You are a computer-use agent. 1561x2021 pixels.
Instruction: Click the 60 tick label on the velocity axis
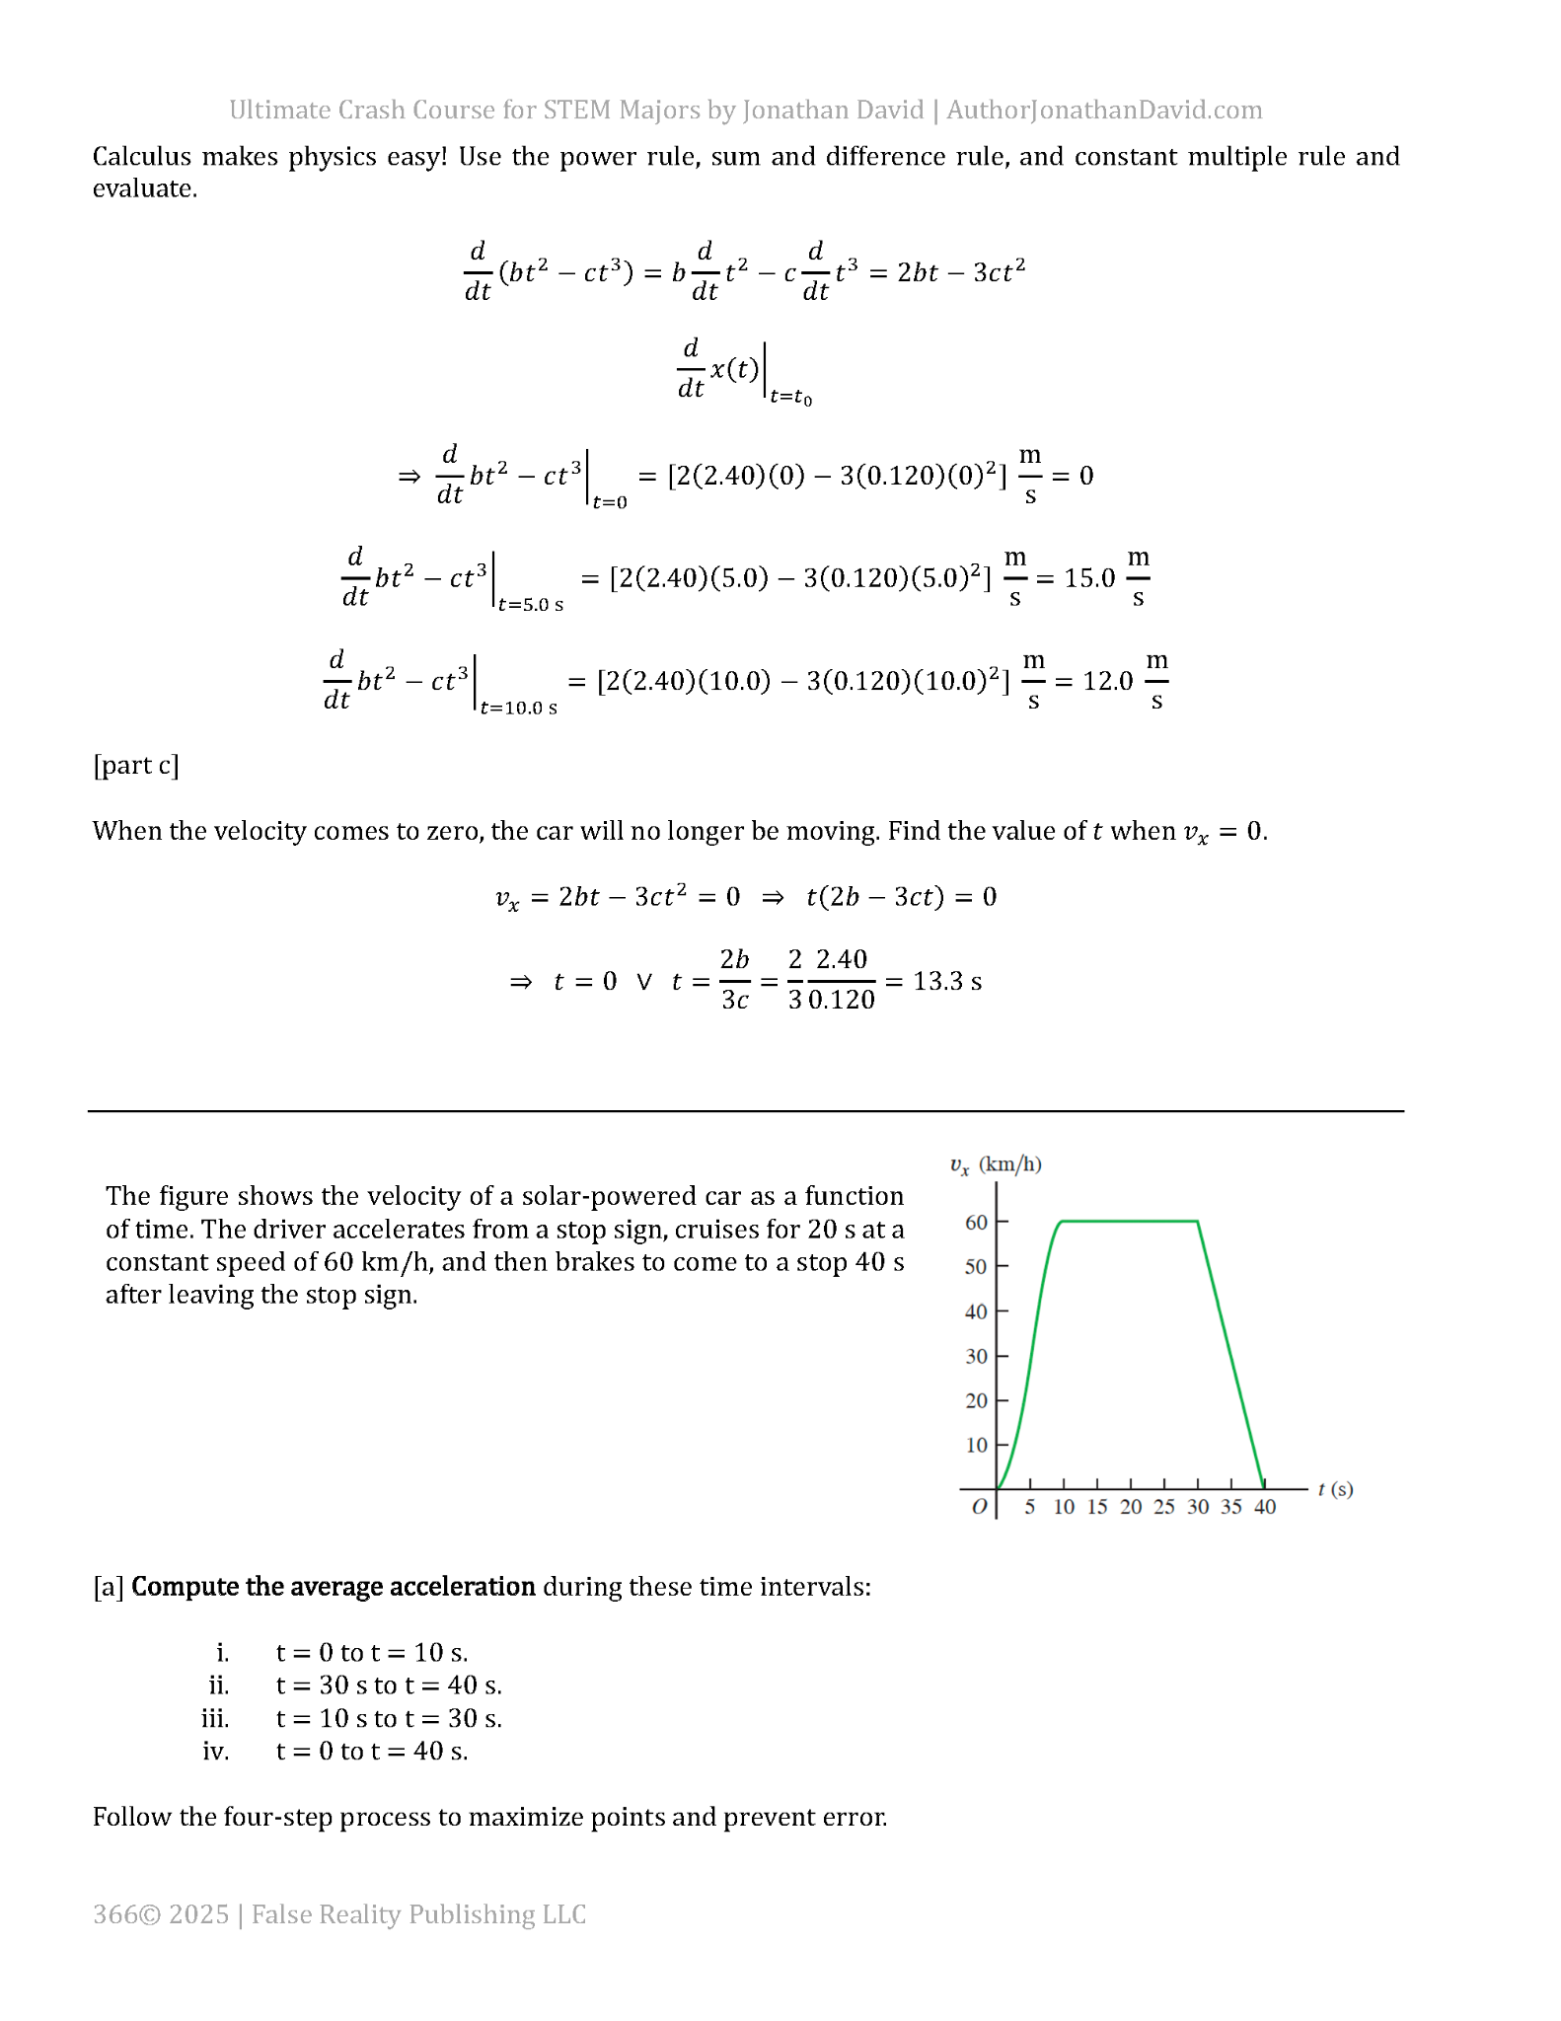pos(975,1222)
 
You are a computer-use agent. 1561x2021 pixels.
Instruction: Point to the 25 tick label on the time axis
pos(1164,1507)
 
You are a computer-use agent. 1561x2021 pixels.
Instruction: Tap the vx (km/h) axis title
pos(996,1164)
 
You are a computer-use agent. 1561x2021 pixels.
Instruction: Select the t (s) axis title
pos(1335,1489)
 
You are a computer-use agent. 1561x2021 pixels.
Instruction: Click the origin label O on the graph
pos(979,1507)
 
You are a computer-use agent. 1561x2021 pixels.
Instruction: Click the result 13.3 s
pos(947,981)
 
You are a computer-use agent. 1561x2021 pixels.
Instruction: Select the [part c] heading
pos(136,765)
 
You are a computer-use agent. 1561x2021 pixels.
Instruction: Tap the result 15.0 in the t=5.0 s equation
pos(1089,578)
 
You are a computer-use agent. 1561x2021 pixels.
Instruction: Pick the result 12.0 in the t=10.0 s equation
pos(1107,681)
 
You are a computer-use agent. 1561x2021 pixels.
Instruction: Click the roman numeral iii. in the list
pos(215,1718)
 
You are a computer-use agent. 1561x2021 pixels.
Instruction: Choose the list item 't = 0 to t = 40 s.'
pos(372,1751)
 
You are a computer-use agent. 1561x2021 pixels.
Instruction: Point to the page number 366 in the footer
pos(114,1914)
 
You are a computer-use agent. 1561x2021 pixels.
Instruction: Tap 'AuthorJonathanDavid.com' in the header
pos(1104,110)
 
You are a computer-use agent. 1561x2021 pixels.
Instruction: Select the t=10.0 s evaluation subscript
pos(518,708)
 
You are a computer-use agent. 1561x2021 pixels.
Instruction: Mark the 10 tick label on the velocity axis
pos(975,1445)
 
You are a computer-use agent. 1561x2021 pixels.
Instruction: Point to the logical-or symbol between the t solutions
pos(644,981)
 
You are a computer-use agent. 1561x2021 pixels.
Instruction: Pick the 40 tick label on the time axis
pos(1265,1507)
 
